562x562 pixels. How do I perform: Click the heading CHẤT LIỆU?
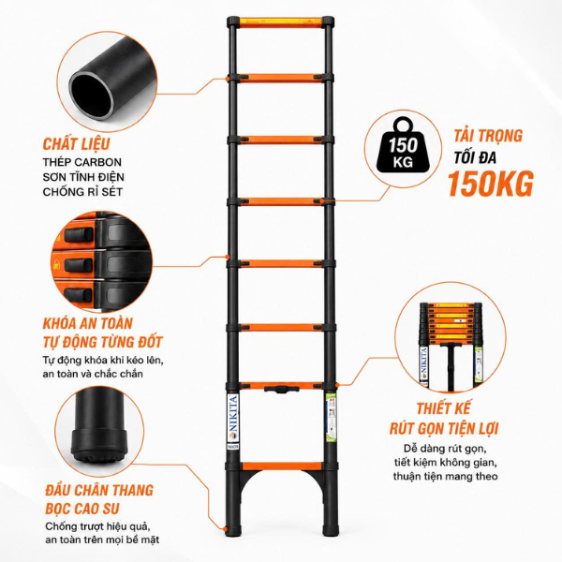[76, 143]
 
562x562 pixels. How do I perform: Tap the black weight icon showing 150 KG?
[403, 145]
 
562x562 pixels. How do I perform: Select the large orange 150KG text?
[491, 184]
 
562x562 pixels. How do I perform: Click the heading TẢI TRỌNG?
[488, 136]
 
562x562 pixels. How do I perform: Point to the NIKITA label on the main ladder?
[233, 419]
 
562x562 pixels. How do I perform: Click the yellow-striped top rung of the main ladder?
[281, 22]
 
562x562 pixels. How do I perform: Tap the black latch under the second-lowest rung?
[281, 390]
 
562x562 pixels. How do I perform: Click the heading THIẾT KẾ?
[444, 409]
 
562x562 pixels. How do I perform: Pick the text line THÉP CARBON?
[82, 162]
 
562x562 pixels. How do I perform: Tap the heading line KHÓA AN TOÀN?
[88, 323]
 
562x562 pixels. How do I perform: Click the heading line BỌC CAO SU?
[82, 509]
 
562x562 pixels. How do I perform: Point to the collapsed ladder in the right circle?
[451, 345]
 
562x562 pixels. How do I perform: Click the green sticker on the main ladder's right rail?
[330, 419]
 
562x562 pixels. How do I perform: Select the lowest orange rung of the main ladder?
[282, 466]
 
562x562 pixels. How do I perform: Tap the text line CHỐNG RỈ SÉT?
[82, 192]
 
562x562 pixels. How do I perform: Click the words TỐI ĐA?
[475, 157]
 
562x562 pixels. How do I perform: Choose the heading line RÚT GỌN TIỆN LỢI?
[444, 429]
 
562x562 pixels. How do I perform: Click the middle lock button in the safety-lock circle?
[79, 265]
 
